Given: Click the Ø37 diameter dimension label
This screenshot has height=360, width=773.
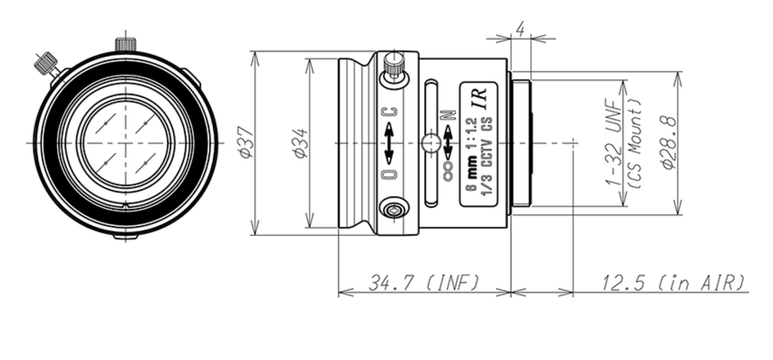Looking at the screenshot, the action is point(246,143).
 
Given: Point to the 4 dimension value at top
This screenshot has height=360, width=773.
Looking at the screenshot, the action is point(521,29).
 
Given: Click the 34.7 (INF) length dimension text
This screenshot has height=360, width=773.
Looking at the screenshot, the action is point(424,283).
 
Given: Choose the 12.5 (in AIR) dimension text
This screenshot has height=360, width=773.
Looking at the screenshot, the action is point(673,283).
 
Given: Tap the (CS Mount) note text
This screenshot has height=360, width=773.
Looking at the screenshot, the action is point(634,143).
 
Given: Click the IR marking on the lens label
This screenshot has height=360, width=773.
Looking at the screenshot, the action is point(481,99).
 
